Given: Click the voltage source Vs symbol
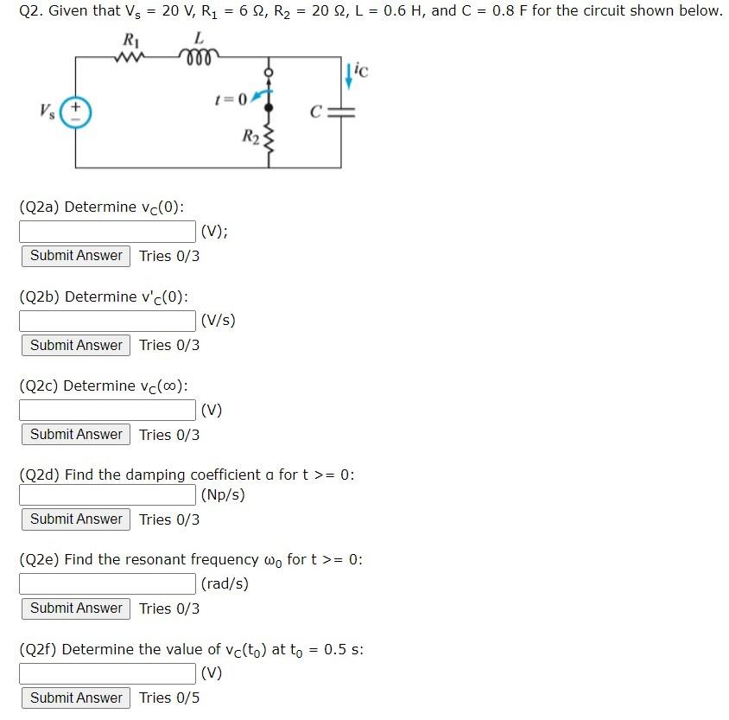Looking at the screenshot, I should click(x=76, y=112).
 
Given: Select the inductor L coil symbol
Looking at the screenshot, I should click(x=199, y=57).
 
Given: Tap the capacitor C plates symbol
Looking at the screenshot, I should click(x=344, y=112).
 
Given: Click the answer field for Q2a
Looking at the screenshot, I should click(x=108, y=231).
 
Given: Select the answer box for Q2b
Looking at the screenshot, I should click(x=108, y=321).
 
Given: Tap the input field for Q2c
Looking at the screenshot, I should click(x=108, y=410).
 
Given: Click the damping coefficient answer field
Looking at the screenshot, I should click(x=108, y=495).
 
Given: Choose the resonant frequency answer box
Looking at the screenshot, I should click(x=108, y=583).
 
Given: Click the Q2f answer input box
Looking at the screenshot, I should click(x=108, y=672).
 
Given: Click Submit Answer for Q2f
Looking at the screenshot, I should click(x=76, y=698).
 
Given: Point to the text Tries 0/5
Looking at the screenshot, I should click(x=169, y=698).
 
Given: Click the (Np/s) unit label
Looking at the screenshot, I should click(x=223, y=495).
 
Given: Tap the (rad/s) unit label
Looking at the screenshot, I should click(x=225, y=583).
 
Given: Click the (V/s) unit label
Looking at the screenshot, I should click(x=218, y=321).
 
